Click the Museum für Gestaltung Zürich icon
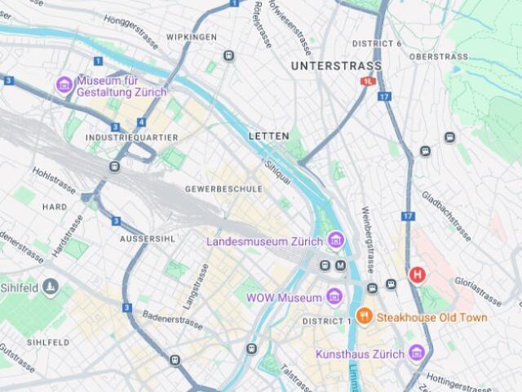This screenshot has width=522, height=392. (64, 85)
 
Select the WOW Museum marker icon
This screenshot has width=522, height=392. (334, 297)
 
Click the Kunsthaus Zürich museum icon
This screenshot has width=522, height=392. (417, 353)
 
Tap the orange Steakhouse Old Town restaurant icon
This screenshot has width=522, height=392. (365, 316)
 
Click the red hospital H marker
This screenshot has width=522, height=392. (418, 275)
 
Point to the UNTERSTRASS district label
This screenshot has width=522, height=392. (336, 65)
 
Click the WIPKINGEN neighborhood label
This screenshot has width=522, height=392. (192, 38)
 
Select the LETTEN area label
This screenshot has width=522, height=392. (268, 136)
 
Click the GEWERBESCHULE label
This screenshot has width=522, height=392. (223, 189)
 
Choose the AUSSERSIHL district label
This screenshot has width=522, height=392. (147, 238)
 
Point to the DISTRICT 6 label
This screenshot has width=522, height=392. (377, 43)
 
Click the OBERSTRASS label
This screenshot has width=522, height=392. (439, 57)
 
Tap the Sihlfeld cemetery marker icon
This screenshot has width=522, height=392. (51, 286)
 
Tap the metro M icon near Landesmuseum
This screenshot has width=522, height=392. (341, 265)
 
